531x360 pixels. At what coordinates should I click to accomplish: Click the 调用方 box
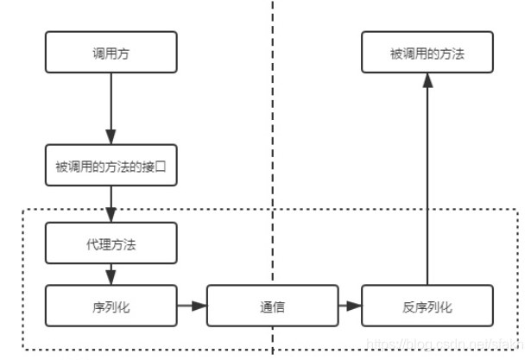(x=111, y=52)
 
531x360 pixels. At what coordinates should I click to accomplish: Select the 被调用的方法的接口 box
(x=111, y=166)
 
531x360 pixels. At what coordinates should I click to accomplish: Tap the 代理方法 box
(x=111, y=243)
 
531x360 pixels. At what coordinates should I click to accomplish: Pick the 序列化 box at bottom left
(x=111, y=306)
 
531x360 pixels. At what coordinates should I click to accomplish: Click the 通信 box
(x=273, y=306)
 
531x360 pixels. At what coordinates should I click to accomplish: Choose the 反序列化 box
(x=427, y=306)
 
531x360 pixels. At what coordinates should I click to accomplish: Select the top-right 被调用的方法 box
(x=427, y=52)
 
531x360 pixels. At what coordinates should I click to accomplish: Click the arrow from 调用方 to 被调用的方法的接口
(x=111, y=108)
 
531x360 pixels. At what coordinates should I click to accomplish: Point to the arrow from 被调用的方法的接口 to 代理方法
(x=111, y=204)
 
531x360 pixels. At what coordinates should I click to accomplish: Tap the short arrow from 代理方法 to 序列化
(x=111, y=275)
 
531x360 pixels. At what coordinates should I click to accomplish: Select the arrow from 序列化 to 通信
(x=192, y=306)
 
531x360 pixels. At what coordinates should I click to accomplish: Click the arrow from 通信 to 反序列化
(x=350, y=306)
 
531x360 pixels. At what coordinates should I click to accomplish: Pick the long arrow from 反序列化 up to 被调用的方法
(x=427, y=181)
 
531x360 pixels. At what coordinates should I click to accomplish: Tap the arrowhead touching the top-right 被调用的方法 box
(x=427, y=80)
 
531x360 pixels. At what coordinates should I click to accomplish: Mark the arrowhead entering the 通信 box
(x=201, y=306)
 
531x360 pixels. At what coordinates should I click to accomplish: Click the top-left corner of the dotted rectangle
(x=22, y=210)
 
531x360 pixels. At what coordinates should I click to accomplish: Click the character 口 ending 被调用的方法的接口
(x=170, y=166)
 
